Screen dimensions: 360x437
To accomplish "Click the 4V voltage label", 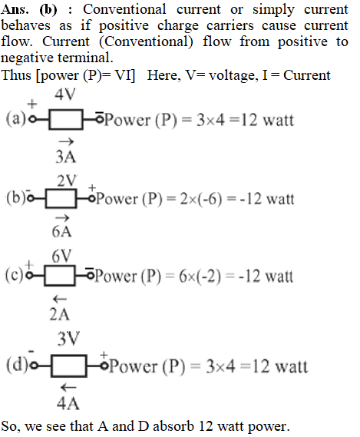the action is coord(65,94).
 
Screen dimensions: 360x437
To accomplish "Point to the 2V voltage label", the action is coord(67,180).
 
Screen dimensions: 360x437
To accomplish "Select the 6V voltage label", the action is coord(61,256).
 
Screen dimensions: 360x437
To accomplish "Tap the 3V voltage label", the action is coord(68,339).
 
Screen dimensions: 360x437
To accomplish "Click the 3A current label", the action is coord(66,157).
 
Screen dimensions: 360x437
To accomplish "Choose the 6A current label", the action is coord(61,232).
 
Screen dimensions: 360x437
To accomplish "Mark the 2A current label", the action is coord(59,314).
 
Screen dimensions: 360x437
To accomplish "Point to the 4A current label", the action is coord(68,403).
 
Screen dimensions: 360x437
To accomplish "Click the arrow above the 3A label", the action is coord(66,142).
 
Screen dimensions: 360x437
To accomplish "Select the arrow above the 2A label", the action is coord(60,300).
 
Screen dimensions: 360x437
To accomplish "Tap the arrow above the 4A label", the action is coord(68,387).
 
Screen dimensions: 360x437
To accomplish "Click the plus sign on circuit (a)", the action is coord(32,104).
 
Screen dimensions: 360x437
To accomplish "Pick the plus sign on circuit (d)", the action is coord(104,355).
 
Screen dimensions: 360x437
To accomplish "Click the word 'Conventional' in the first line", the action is coord(124,9).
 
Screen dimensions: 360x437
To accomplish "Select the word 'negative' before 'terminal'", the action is coord(27,58).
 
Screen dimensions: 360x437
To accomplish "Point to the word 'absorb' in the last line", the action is coord(173,426).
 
